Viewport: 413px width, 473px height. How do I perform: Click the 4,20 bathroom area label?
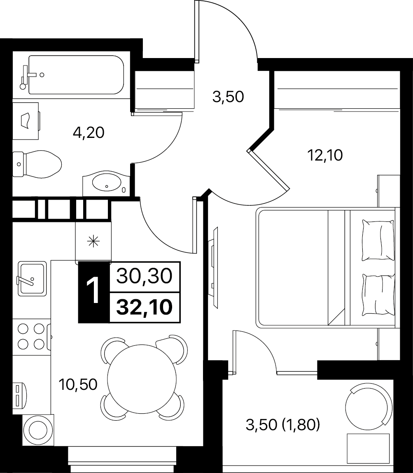(x=89, y=133)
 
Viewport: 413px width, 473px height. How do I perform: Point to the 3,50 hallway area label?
(x=228, y=97)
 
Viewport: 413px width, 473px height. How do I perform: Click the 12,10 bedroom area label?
(x=325, y=156)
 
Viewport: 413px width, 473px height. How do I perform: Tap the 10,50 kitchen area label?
(x=78, y=384)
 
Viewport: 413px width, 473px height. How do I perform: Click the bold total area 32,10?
(x=145, y=307)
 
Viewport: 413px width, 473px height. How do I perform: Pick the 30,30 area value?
(x=144, y=276)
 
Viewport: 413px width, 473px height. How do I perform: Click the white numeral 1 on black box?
(x=93, y=291)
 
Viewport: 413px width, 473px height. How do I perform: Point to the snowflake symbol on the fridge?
(x=93, y=241)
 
